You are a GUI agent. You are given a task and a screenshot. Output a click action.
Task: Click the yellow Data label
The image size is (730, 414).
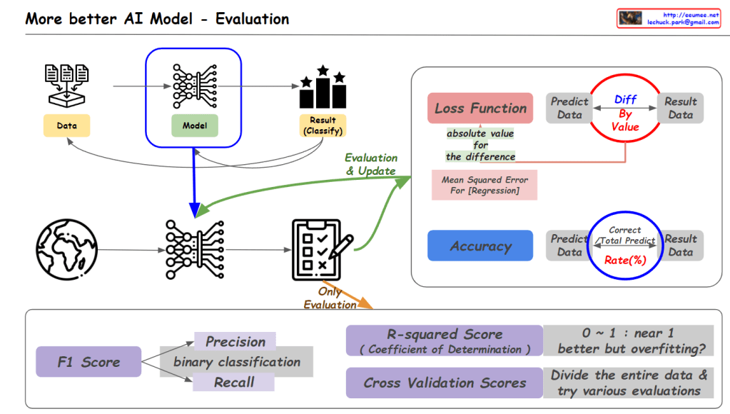click(66, 126)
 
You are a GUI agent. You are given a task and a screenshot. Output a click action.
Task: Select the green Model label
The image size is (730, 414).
click(194, 126)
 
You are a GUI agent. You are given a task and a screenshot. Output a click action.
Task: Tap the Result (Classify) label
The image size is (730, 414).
click(323, 126)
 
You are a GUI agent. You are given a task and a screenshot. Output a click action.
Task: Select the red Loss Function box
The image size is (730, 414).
click(480, 108)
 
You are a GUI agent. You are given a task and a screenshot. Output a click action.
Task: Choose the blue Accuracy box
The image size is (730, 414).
click(480, 246)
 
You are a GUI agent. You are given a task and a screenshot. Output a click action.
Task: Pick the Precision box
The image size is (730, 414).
click(235, 342)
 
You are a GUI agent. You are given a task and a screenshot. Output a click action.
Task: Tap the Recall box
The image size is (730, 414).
click(234, 382)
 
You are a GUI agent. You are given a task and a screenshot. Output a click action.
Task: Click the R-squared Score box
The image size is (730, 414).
click(444, 340)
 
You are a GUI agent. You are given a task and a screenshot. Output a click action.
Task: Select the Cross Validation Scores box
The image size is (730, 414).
click(444, 383)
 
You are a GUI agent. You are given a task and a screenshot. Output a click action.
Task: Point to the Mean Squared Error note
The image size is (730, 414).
click(485, 185)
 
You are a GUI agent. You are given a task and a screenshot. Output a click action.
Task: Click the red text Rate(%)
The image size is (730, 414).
click(625, 260)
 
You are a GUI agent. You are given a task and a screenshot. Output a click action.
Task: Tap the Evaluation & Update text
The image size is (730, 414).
click(371, 164)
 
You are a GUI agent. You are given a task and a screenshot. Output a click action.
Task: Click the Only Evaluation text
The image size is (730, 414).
click(330, 298)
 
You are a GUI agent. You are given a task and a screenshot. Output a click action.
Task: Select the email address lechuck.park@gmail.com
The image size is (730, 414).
click(683, 23)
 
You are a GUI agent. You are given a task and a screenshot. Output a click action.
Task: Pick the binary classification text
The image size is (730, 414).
click(237, 362)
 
